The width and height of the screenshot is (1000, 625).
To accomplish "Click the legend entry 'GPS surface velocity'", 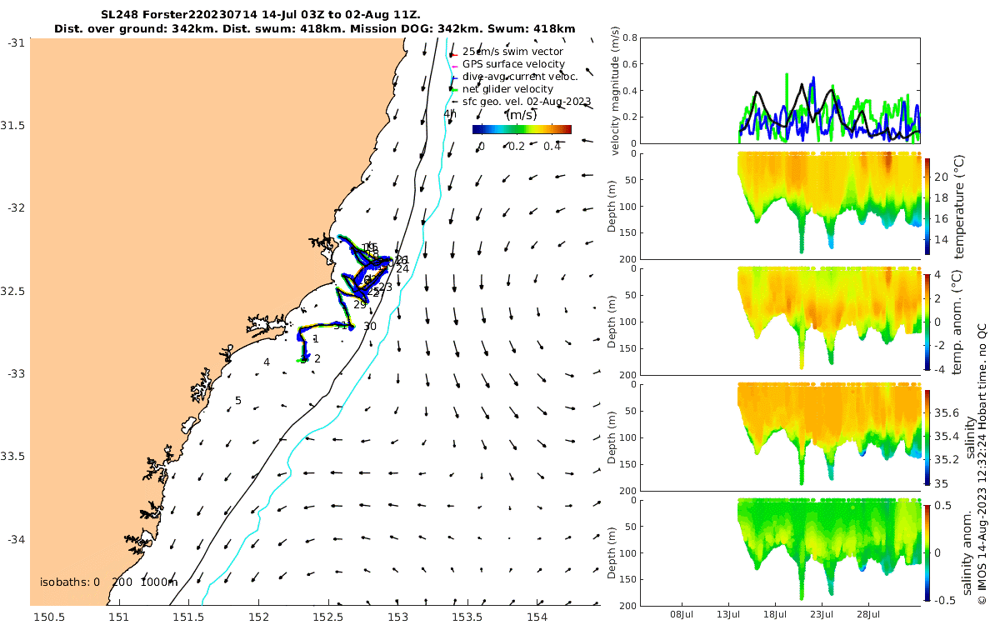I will click(513, 64).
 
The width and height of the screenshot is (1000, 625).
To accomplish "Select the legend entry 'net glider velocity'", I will click(507, 89).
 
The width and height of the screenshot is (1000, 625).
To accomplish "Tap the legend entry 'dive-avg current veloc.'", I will click(520, 77).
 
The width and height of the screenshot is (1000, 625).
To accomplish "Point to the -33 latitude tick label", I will click(14, 373).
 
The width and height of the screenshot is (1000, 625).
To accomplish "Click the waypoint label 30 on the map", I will click(370, 327).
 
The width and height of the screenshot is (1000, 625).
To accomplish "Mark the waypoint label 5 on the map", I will click(237, 401).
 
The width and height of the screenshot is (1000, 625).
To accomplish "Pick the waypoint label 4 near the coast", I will click(267, 362).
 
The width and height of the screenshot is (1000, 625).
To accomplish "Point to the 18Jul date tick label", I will click(776, 614).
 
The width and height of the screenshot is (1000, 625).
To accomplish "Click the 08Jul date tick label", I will click(682, 614).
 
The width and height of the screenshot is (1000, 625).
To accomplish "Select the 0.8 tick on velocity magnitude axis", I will click(629, 37).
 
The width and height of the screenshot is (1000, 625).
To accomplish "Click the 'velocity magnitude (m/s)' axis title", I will click(616, 91).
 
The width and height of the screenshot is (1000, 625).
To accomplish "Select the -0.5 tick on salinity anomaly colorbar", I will click(945, 600).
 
